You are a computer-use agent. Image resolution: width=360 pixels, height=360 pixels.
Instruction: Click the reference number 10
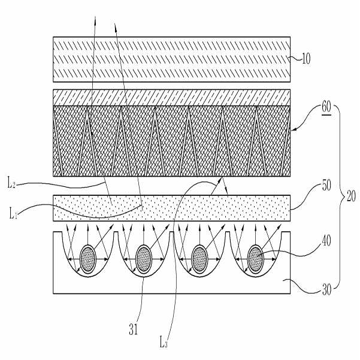pyautogui.click(x=306, y=58)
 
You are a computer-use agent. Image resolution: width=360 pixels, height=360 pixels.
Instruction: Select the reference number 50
pyautogui.click(x=326, y=185)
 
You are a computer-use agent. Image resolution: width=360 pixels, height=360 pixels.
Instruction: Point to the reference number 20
pyautogui.click(x=351, y=196)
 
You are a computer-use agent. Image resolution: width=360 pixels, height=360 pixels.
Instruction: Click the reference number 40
pyautogui.click(x=326, y=241)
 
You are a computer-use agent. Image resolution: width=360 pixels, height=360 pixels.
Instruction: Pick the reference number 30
pyautogui.click(x=326, y=290)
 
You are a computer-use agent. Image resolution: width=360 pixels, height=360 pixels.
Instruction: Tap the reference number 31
pyautogui.click(x=134, y=329)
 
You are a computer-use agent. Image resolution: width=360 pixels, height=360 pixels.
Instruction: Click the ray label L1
pyautogui.click(x=13, y=213)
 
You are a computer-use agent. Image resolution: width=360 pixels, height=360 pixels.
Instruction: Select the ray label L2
pyautogui.click(x=11, y=183)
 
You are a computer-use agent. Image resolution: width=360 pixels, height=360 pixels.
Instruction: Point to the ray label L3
pyautogui.click(x=164, y=343)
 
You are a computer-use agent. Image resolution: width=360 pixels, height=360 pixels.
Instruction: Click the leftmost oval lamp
pyautogui.click(x=88, y=259)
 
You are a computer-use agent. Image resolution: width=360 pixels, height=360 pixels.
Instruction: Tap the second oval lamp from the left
pyautogui.click(x=144, y=259)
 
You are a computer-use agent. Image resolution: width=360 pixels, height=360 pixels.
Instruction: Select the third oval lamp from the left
pyautogui.click(x=199, y=259)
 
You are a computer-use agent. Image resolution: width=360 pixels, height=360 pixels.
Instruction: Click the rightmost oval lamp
pyautogui.click(x=256, y=259)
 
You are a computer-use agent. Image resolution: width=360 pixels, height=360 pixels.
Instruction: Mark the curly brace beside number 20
pyautogui.click(x=341, y=196)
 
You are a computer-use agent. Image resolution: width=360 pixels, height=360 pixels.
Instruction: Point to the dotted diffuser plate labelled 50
pyautogui.click(x=172, y=208)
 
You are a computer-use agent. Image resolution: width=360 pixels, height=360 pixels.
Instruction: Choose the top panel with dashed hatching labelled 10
pyautogui.click(x=172, y=59)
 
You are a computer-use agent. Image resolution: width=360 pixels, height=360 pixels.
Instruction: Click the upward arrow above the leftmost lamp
pyautogui.click(x=88, y=235)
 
